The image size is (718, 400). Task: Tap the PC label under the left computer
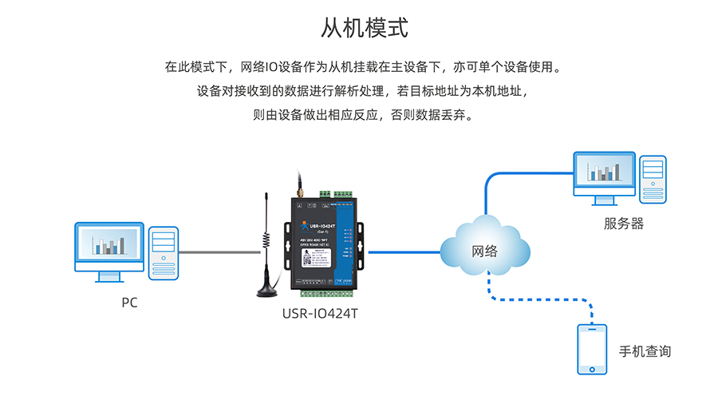pyautogui.click(x=129, y=303)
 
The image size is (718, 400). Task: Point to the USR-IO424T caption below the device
pyautogui.click(x=320, y=314)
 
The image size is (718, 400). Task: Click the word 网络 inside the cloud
pyautogui.click(x=485, y=251)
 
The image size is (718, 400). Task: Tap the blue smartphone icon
pyautogui.click(x=591, y=350)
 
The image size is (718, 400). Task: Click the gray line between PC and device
pyautogui.click(x=219, y=251)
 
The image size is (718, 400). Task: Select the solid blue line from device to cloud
pyautogui.click(x=403, y=252)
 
